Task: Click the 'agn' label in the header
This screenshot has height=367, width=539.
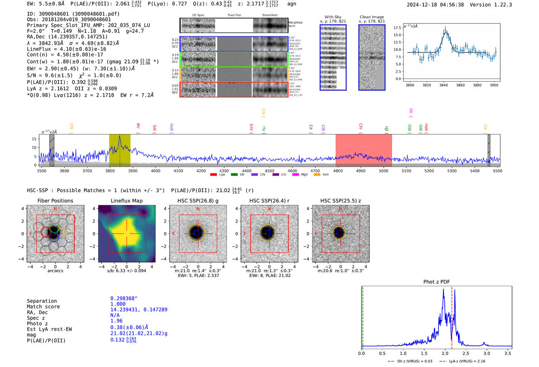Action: point(291,4)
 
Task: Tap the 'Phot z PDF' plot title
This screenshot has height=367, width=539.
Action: point(437,282)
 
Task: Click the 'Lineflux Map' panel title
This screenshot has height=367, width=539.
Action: point(126,201)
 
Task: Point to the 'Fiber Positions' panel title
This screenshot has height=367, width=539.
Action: point(55,201)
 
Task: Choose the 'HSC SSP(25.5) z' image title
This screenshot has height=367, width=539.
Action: point(340,201)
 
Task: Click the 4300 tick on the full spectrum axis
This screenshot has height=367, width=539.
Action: point(224,171)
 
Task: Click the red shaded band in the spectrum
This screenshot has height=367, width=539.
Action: point(363,150)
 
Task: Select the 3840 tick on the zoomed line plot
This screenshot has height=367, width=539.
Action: point(444,85)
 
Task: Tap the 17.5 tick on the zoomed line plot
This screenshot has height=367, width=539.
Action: point(397,28)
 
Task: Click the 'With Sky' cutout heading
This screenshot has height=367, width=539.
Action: point(333,17)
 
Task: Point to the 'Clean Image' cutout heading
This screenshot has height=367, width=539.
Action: point(372,17)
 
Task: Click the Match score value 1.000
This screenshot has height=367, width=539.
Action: point(118,304)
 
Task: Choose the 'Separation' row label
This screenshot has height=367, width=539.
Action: point(42,301)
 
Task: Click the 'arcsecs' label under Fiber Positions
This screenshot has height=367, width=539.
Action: point(55,271)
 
